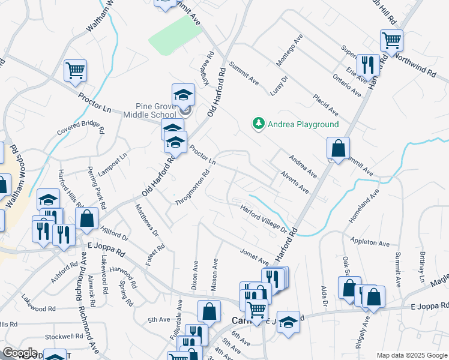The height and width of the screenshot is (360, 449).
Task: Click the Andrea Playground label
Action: [x=303, y=124]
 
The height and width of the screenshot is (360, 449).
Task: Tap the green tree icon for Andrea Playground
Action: [x=258, y=124]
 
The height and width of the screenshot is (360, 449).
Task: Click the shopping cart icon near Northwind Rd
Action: [x=391, y=41]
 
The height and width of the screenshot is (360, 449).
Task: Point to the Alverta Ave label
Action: [x=294, y=182]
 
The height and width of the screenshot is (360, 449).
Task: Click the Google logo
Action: [x=20, y=353]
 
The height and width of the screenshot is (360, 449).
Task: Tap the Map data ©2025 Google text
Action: [x=411, y=355]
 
